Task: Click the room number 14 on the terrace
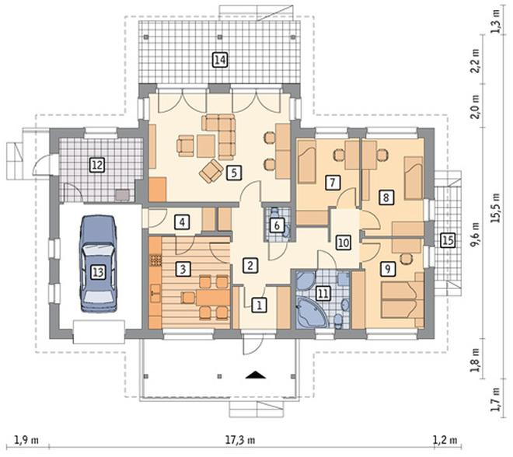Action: tap(220, 60)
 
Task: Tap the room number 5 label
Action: tap(234, 173)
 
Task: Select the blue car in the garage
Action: tap(98, 263)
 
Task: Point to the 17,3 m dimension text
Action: tap(240, 440)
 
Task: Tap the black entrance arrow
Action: tap(256, 375)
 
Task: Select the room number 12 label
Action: tap(97, 165)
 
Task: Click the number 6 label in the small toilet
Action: tap(277, 225)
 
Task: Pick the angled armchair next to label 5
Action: tap(211, 171)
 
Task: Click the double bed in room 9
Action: tap(403, 300)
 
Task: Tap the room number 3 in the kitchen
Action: tap(183, 269)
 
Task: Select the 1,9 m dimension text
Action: tap(27, 440)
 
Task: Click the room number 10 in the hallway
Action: tap(344, 242)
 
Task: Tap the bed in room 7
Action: tap(306, 162)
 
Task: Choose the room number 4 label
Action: tap(182, 222)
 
